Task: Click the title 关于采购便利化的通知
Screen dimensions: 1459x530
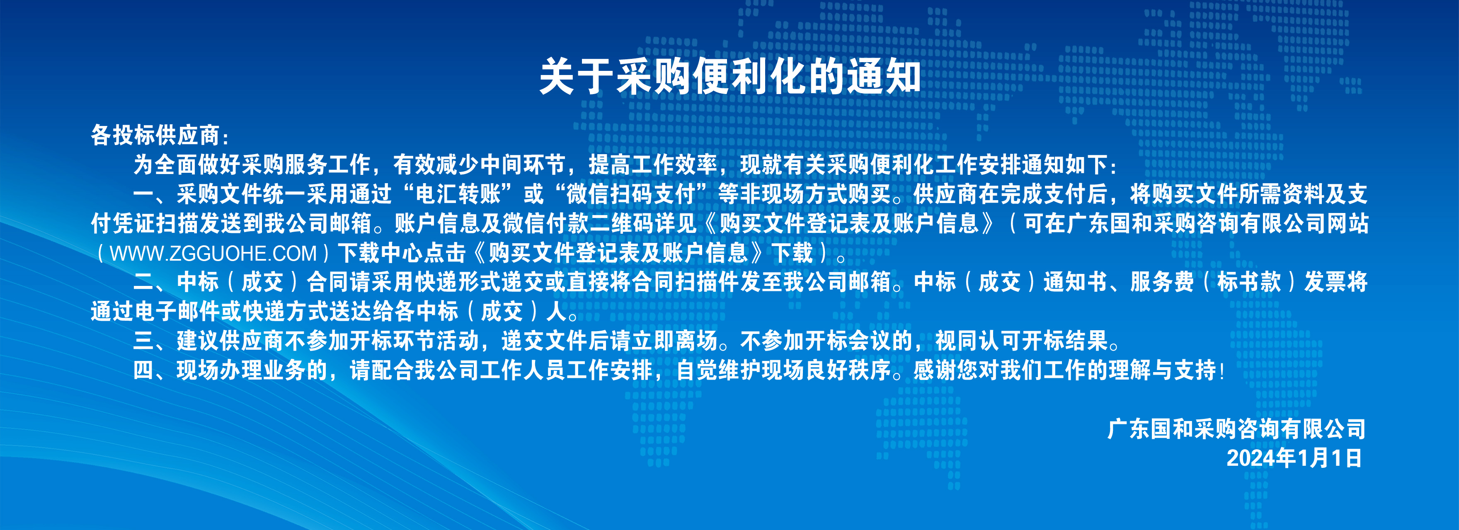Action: (729, 76)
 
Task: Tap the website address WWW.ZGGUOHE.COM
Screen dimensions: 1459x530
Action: (213, 253)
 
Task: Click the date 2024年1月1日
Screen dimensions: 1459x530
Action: (1294, 458)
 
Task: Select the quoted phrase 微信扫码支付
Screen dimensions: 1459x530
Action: (631, 194)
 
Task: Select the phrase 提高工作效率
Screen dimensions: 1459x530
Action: (653, 165)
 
